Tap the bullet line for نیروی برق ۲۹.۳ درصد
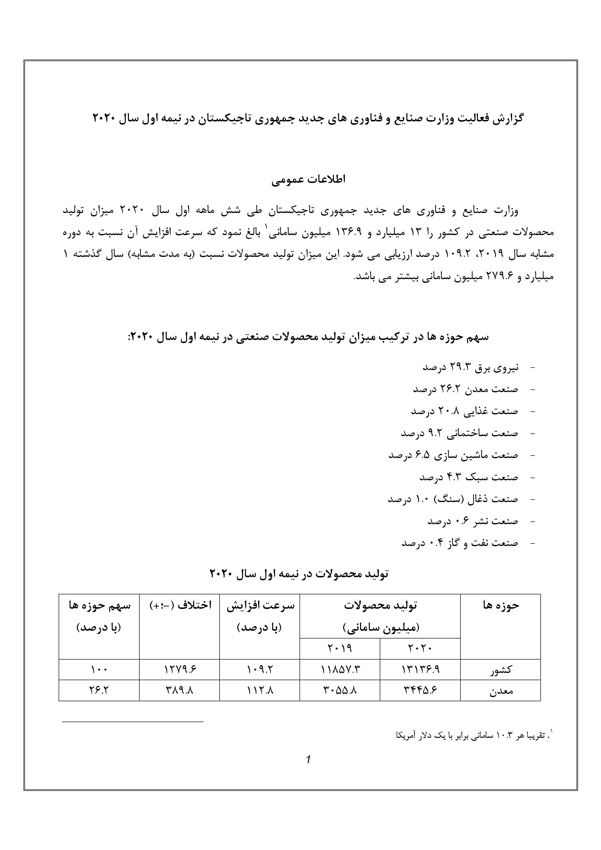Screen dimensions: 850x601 [470, 367]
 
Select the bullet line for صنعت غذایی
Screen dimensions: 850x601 [464, 411]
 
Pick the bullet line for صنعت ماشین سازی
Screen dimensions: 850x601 [453, 455]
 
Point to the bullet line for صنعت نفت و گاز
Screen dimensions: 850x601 [459, 543]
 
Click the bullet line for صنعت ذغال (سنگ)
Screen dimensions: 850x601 [452, 499]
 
